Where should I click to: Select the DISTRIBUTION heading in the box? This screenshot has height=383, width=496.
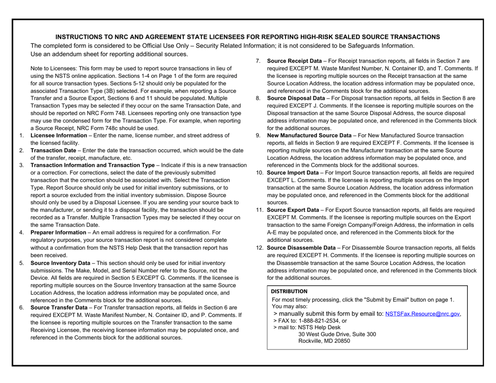(x=289, y=291)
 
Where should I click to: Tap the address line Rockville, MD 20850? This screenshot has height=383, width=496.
(x=324, y=341)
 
